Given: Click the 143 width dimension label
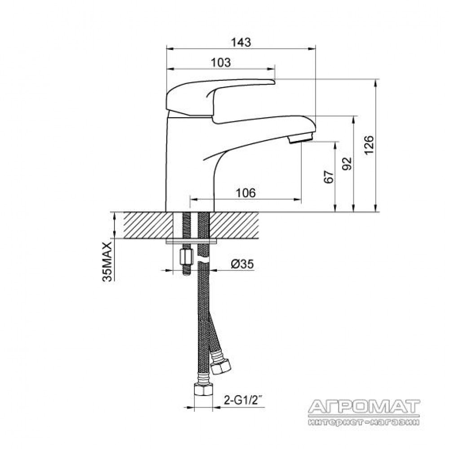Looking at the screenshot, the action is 241,42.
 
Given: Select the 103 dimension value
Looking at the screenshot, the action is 220,62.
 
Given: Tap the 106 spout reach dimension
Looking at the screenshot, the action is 246,193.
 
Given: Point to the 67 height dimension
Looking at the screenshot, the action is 329,176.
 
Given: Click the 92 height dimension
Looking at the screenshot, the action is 347,163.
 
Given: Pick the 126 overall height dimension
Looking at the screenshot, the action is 369,145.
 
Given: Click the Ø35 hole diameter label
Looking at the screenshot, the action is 242,264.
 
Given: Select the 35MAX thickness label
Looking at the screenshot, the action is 107,262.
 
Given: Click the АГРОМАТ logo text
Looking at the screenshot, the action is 364,406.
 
